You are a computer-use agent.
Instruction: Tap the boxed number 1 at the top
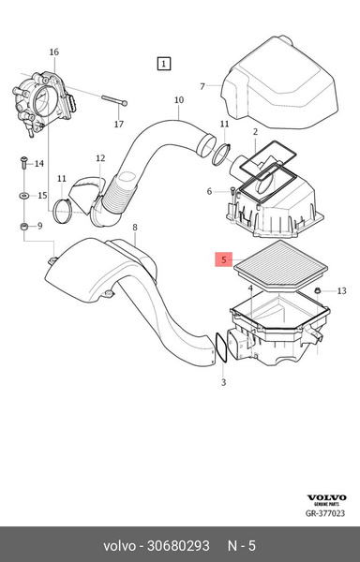point(164,64)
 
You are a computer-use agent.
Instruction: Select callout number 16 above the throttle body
point(53,52)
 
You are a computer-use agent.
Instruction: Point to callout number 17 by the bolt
point(119,123)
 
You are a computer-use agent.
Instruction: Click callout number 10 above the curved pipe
point(178,99)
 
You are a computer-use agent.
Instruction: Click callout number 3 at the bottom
point(222,384)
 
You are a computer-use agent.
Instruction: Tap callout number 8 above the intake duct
point(134,228)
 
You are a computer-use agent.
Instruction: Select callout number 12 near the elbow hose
point(99,158)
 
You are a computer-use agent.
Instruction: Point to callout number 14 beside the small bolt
point(39,164)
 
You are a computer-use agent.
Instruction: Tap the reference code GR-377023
point(329,513)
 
